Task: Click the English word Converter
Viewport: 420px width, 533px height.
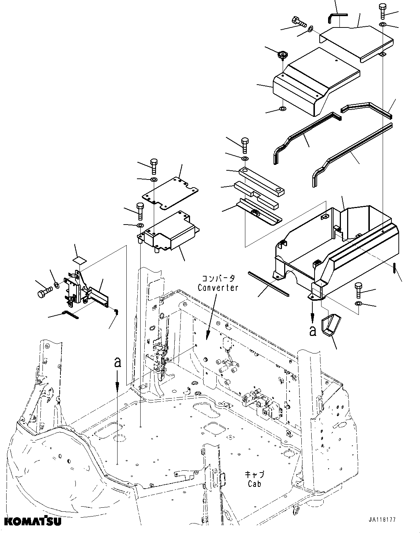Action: [218, 288]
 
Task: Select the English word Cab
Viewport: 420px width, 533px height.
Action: [254, 484]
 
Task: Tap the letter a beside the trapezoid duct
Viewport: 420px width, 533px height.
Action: [312, 331]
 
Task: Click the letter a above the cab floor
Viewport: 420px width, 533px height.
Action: [117, 363]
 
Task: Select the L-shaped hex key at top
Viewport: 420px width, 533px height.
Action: [336, 16]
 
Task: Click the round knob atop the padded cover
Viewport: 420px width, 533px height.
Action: [282, 56]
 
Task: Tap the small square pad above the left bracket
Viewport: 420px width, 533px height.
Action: [80, 260]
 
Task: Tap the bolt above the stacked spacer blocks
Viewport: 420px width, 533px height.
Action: [245, 145]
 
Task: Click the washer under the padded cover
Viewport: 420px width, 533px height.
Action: [283, 108]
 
